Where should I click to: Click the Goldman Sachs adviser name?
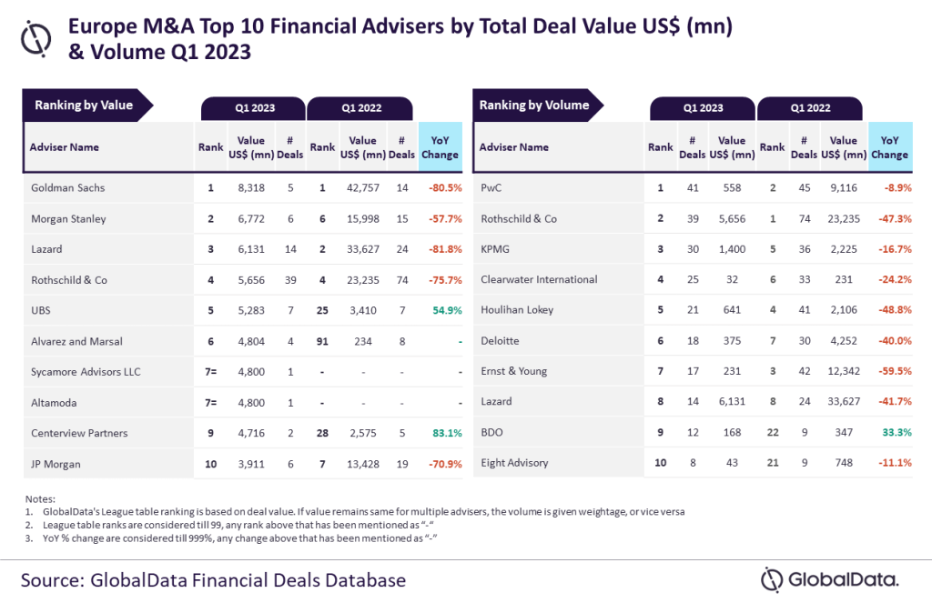click(67, 187)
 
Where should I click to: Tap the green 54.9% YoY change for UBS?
click(441, 310)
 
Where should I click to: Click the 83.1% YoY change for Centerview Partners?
click(441, 434)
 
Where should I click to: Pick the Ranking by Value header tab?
click(85, 106)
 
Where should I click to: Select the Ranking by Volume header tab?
click(535, 106)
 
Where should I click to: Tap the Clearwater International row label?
click(539, 279)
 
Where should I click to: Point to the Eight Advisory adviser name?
click(514, 464)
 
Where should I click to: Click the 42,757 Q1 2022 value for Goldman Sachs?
click(362, 187)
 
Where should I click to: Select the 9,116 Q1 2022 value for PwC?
click(844, 187)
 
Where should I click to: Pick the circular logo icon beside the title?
click(37, 37)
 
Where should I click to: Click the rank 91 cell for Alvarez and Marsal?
click(322, 341)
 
